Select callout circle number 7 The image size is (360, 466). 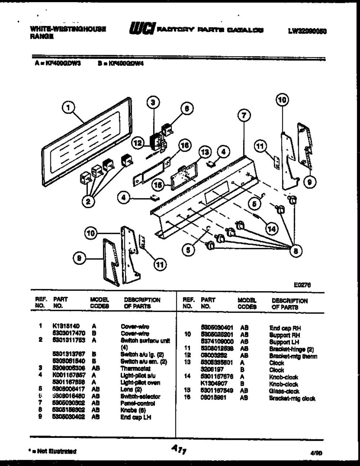244,116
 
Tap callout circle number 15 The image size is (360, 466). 157,185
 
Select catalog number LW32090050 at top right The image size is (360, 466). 307,31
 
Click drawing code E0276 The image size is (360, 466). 302,284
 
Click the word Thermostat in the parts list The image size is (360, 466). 135,369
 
